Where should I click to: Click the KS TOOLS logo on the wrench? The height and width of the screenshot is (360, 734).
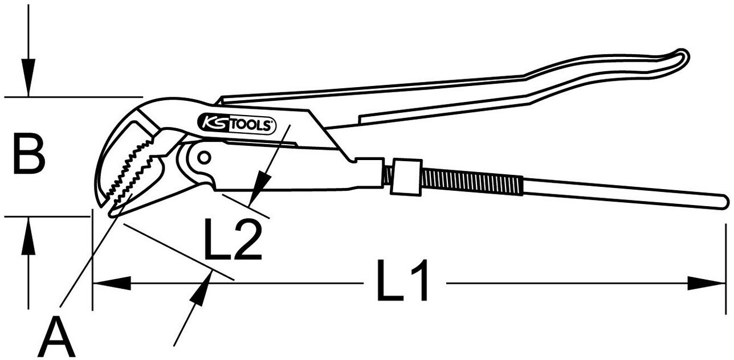click(x=236, y=123)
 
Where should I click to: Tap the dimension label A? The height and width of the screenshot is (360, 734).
click(x=56, y=338)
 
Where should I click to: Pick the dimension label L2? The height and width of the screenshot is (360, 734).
click(x=233, y=239)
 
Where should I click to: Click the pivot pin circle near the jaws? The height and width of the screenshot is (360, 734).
click(x=203, y=157)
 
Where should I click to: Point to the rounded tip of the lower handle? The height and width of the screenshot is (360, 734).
click(x=723, y=202)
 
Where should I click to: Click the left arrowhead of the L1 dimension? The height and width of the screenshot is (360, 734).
click(x=111, y=283)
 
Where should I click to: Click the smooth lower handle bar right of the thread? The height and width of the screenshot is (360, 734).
click(x=621, y=192)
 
